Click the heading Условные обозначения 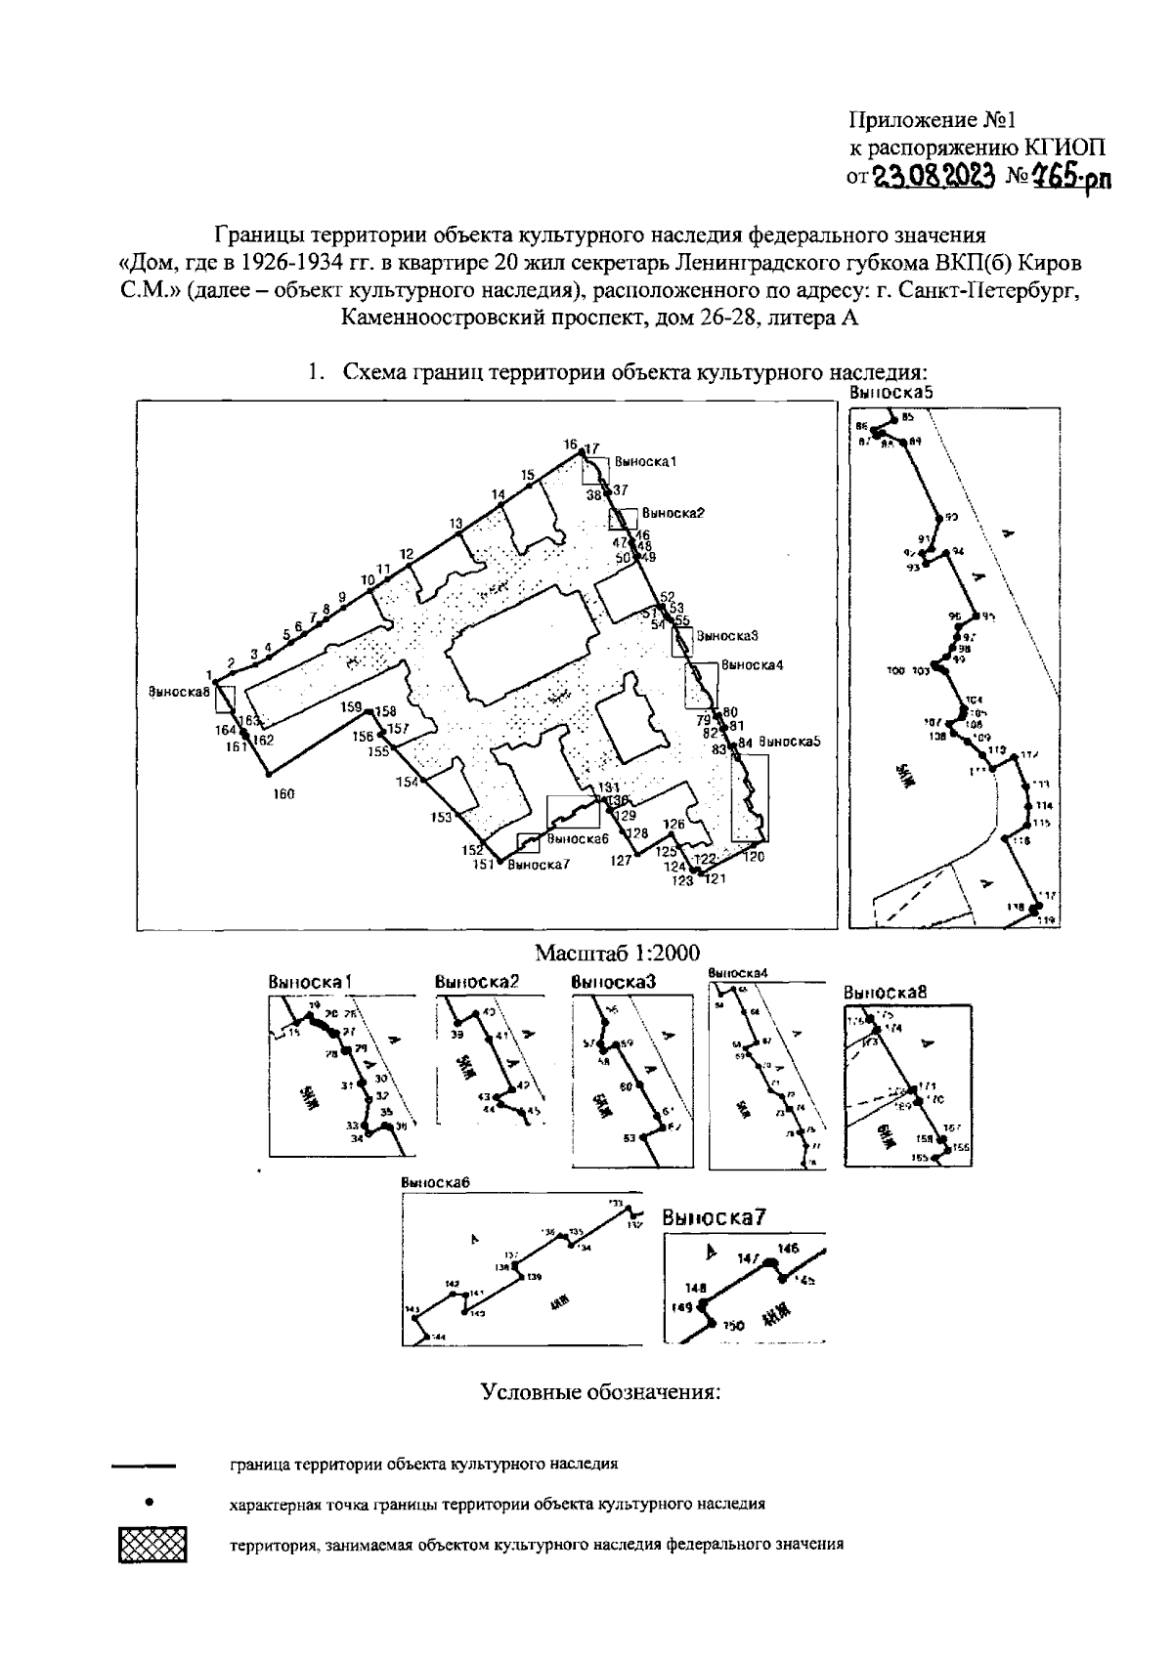coord(600,1391)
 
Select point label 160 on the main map coord(283,794)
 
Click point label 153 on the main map coord(442,817)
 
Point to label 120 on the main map coord(753,857)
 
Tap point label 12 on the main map coord(408,553)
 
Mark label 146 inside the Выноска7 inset coord(788,1248)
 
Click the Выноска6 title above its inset coord(436,1181)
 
